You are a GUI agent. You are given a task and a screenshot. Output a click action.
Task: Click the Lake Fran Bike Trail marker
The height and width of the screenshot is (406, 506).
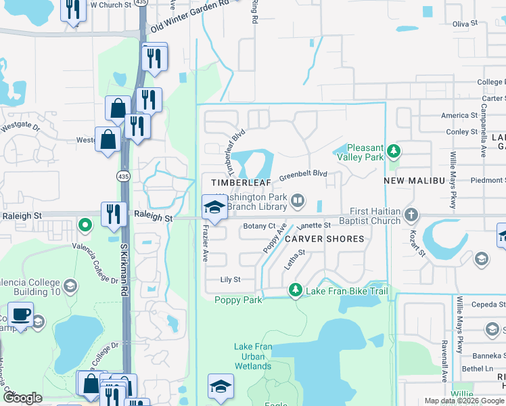tap(295, 290)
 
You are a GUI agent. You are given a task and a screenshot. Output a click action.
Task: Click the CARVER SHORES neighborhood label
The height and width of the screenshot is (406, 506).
tap(324, 239)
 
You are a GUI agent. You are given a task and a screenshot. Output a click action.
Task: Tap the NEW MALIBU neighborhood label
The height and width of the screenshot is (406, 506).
tap(412, 181)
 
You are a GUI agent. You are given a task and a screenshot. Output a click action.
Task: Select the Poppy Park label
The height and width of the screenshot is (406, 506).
tap(238, 300)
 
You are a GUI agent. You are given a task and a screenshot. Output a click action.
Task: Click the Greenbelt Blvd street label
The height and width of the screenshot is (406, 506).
tap(303, 174)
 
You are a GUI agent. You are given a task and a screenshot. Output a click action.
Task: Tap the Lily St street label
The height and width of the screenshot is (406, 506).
tap(231, 279)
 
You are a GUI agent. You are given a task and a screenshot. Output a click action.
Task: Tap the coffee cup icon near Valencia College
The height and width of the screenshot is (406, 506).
tap(20, 316)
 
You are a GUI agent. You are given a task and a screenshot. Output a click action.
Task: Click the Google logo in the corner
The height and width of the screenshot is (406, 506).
tap(23, 398)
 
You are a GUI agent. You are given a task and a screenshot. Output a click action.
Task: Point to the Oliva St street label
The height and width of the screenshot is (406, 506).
tap(465, 24)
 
